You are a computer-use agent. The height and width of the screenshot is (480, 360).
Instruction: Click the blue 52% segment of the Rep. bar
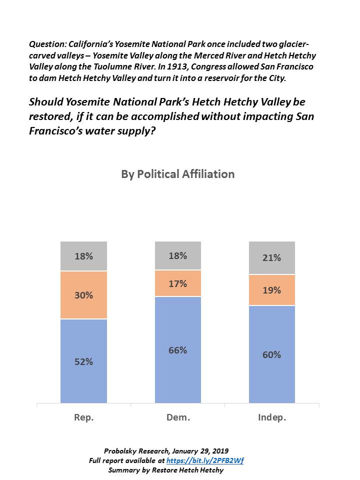[84, 361]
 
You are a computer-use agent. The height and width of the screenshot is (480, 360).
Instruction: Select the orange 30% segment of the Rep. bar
[84, 295]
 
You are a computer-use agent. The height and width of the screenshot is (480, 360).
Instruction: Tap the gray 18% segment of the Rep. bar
[84, 256]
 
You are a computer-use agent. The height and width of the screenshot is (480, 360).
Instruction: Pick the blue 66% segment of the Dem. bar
[178, 350]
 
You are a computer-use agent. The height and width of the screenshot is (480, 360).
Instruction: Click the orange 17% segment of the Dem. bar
[178, 283]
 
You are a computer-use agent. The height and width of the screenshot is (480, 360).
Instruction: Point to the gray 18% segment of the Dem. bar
[178, 255]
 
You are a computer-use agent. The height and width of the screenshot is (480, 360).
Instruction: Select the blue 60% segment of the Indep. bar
[272, 354]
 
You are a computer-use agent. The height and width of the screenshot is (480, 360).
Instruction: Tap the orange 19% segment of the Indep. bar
[272, 290]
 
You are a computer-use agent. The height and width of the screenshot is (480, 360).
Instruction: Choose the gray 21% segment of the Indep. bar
[272, 258]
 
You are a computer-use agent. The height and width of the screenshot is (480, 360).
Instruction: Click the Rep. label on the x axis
[84, 418]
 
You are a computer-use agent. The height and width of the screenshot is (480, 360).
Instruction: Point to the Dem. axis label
[178, 418]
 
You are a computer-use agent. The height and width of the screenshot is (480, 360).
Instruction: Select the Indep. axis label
[272, 418]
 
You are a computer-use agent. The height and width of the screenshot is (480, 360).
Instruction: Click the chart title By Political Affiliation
[177, 174]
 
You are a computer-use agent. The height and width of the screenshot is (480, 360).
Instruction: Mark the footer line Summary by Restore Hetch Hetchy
[165, 470]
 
